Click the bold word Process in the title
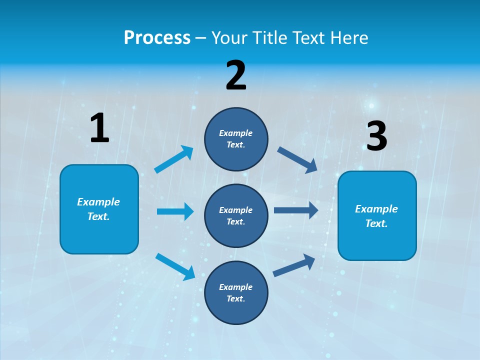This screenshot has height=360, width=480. tap(157, 37)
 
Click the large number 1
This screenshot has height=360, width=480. tap(99, 128)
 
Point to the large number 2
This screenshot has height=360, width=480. tap(236, 75)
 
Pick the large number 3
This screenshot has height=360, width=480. tap(376, 136)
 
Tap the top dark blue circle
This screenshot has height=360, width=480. tap(236, 139)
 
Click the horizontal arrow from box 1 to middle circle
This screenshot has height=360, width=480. tap(175, 211)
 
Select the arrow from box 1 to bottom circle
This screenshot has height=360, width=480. tap(175, 266)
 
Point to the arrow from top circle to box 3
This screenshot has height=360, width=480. tap(297, 159)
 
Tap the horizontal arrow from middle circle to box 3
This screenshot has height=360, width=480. tap(296, 210)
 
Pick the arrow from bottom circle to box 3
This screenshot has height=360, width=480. tap(294, 265)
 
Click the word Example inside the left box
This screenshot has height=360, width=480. tap(98, 202)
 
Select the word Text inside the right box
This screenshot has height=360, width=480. tap(376, 223)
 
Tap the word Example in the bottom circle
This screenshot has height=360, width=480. tap(236, 287)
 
